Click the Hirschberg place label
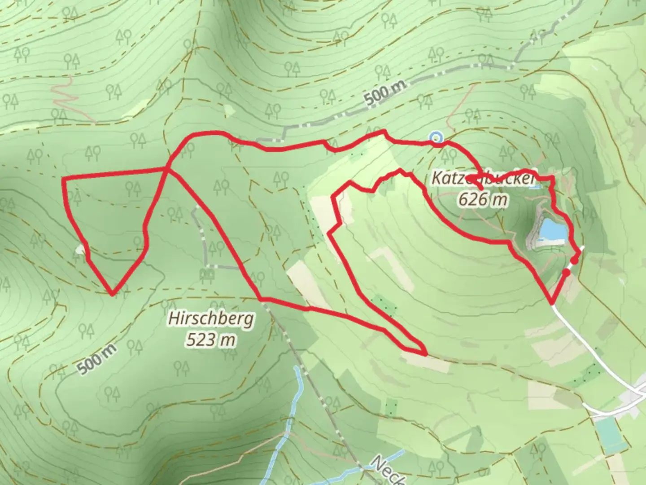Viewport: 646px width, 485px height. [211, 319]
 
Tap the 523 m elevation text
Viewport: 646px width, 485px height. [211, 340]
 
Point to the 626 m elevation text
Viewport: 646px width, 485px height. [483, 198]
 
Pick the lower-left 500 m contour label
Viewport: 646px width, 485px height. [96, 359]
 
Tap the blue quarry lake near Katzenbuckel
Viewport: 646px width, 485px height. [552, 229]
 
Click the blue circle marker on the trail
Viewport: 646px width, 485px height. [436, 138]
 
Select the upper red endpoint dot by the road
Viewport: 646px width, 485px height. [574, 261]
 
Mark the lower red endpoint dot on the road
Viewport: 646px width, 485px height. [566, 272]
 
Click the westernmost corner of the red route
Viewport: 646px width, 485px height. [63, 179]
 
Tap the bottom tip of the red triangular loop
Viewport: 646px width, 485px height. [112, 295]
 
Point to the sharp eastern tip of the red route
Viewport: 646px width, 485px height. [424, 354]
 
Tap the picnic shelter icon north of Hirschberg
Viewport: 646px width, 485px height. [207, 274]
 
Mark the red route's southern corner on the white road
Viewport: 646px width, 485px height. [552, 303]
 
